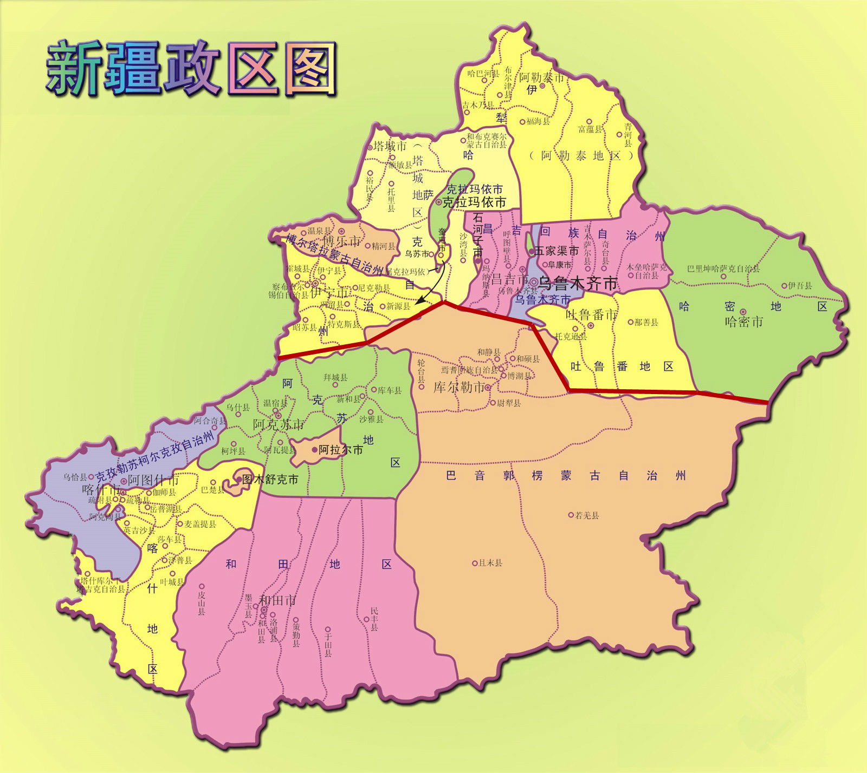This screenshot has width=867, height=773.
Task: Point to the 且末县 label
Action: [490, 563]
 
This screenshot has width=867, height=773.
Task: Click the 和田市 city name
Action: [277, 600]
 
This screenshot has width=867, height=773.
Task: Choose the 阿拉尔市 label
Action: [340, 449]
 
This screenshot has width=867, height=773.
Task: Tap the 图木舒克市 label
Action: [270, 479]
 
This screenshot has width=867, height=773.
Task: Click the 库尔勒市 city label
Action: [458, 387]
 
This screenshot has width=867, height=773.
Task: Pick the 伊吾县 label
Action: [800, 285]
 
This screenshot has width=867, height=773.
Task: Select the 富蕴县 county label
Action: [590, 129]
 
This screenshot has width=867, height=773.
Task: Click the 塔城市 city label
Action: [390, 146]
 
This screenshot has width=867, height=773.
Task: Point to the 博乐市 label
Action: [341, 240]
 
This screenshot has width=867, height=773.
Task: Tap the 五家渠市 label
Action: [556, 251]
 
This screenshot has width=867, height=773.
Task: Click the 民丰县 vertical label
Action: [374, 619]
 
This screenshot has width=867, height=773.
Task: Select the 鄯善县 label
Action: [646, 322]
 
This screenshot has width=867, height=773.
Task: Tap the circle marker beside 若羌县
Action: [571, 515]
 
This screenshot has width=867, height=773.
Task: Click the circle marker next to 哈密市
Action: [743, 311]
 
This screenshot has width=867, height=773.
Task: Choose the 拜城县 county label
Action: [335, 377]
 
